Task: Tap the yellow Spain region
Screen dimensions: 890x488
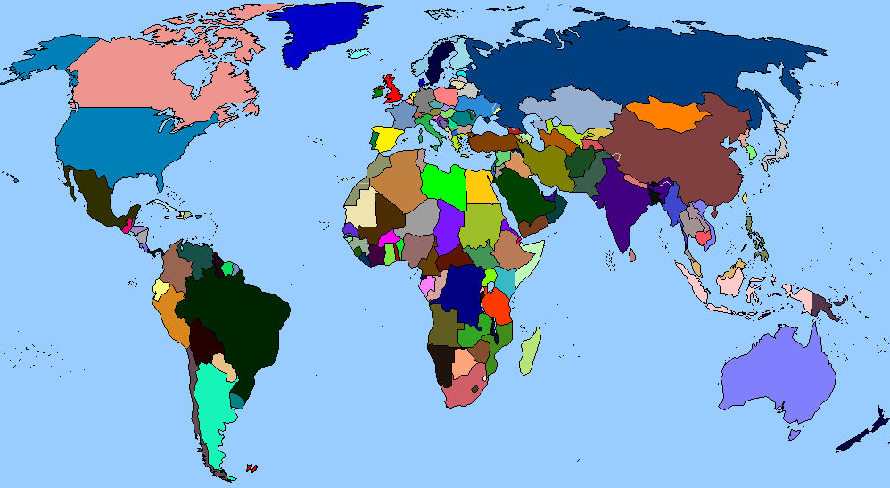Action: (x=387, y=139)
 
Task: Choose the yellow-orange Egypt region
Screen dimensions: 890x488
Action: (x=482, y=186)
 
